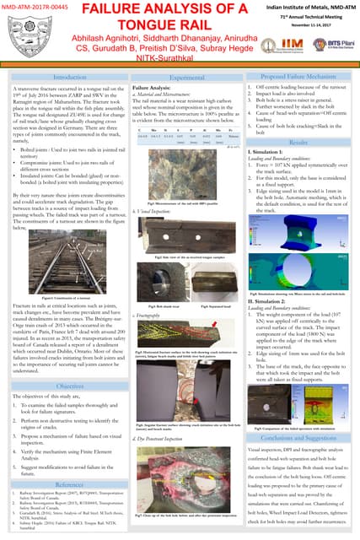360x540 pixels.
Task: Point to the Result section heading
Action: (298, 144)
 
